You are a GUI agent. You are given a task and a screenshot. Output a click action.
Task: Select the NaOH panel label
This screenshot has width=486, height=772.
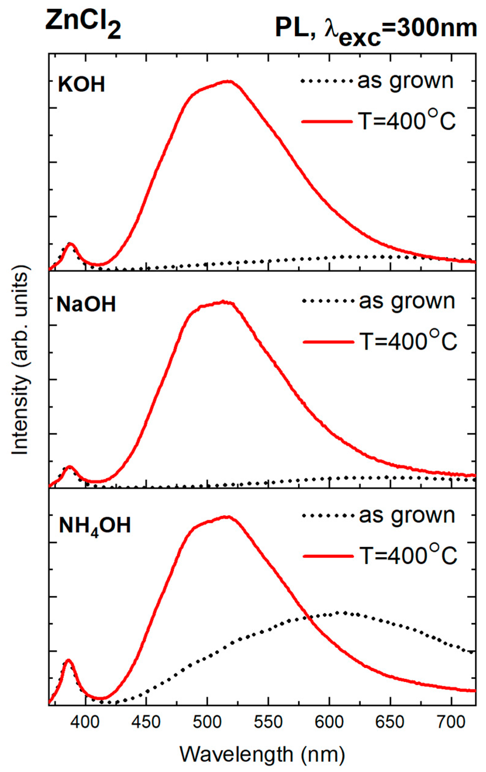point(86,304)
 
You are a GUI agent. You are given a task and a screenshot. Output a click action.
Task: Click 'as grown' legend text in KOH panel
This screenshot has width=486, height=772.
point(405,81)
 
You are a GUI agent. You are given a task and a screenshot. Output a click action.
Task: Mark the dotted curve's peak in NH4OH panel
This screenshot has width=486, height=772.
point(345,613)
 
